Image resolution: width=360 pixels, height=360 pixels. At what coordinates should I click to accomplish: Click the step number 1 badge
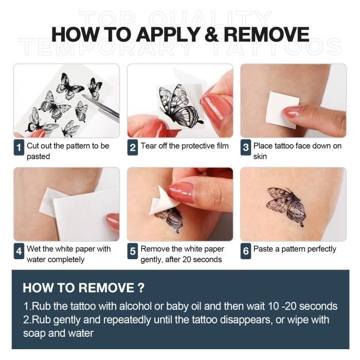point(19,147)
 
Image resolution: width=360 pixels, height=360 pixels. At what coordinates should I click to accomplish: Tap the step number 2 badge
point(133,147)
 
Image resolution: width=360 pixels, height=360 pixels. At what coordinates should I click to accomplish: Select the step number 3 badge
point(246,147)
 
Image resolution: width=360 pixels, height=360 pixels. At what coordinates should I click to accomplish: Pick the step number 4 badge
point(19,251)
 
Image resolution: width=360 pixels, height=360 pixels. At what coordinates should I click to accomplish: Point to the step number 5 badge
point(133,251)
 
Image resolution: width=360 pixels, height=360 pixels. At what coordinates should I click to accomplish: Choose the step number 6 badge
point(246,251)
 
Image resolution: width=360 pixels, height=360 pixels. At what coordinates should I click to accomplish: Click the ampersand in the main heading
point(211,34)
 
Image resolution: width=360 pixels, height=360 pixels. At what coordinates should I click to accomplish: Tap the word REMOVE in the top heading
point(266,34)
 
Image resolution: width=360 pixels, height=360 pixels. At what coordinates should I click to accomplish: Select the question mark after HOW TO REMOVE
point(141,288)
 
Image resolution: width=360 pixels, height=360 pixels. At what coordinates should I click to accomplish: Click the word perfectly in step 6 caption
point(321,249)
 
